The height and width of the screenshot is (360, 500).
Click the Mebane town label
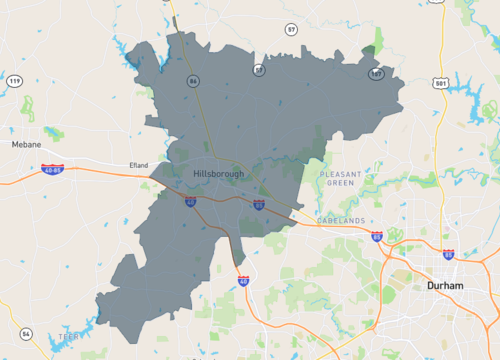click(26, 144)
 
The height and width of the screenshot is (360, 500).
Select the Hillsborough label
click(217, 175)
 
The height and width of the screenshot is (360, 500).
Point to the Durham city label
click(445, 285)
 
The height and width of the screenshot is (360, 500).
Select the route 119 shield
click(13, 80)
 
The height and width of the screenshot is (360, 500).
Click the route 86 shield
click(193, 80)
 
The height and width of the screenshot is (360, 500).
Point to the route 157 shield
click(376, 74)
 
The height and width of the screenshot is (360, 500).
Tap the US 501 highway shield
click(441, 83)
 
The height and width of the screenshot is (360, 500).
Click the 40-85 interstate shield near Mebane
click(53, 170)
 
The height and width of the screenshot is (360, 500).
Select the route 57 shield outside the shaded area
click(291, 30)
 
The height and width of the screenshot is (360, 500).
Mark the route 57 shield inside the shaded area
click(259, 70)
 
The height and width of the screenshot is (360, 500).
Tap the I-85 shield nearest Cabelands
click(376, 237)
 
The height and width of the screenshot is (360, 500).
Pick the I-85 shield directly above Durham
click(448, 255)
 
